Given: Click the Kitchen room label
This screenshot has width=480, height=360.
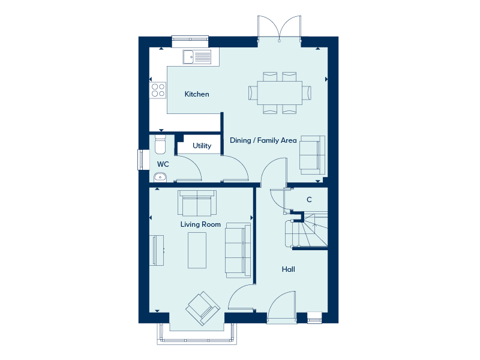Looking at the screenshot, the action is (x=197, y=94).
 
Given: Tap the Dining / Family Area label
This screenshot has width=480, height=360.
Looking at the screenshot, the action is (x=263, y=140).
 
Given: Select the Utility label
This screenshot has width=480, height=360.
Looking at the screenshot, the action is (x=202, y=146).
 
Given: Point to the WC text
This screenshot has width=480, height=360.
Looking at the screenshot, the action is (x=163, y=164).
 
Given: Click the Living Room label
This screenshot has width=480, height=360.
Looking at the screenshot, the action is (x=200, y=224).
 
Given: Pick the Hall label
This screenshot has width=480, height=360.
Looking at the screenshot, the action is (x=289, y=269).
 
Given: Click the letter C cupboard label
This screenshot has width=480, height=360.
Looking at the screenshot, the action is (x=309, y=200).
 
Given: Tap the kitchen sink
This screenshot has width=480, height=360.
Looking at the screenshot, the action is (x=197, y=57).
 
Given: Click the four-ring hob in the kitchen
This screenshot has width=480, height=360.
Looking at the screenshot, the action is (x=158, y=91).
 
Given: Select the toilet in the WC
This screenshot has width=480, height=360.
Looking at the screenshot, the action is (x=160, y=145).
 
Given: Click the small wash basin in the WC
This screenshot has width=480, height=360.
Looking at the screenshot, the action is (x=160, y=177).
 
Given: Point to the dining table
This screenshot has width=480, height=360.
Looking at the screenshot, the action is (x=280, y=93).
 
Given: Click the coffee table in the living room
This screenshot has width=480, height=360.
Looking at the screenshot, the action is (x=197, y=250).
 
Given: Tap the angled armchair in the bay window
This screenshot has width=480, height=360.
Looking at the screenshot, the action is (x=203, y=308).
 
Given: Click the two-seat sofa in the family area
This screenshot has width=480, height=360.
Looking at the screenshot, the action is (x=312, y=155).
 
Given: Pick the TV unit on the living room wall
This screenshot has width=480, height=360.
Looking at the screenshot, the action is (x=157, y=250).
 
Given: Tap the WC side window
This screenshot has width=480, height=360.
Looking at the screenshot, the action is (x=141, y=160).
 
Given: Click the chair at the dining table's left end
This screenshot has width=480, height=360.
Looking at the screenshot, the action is (x=253, y=93).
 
